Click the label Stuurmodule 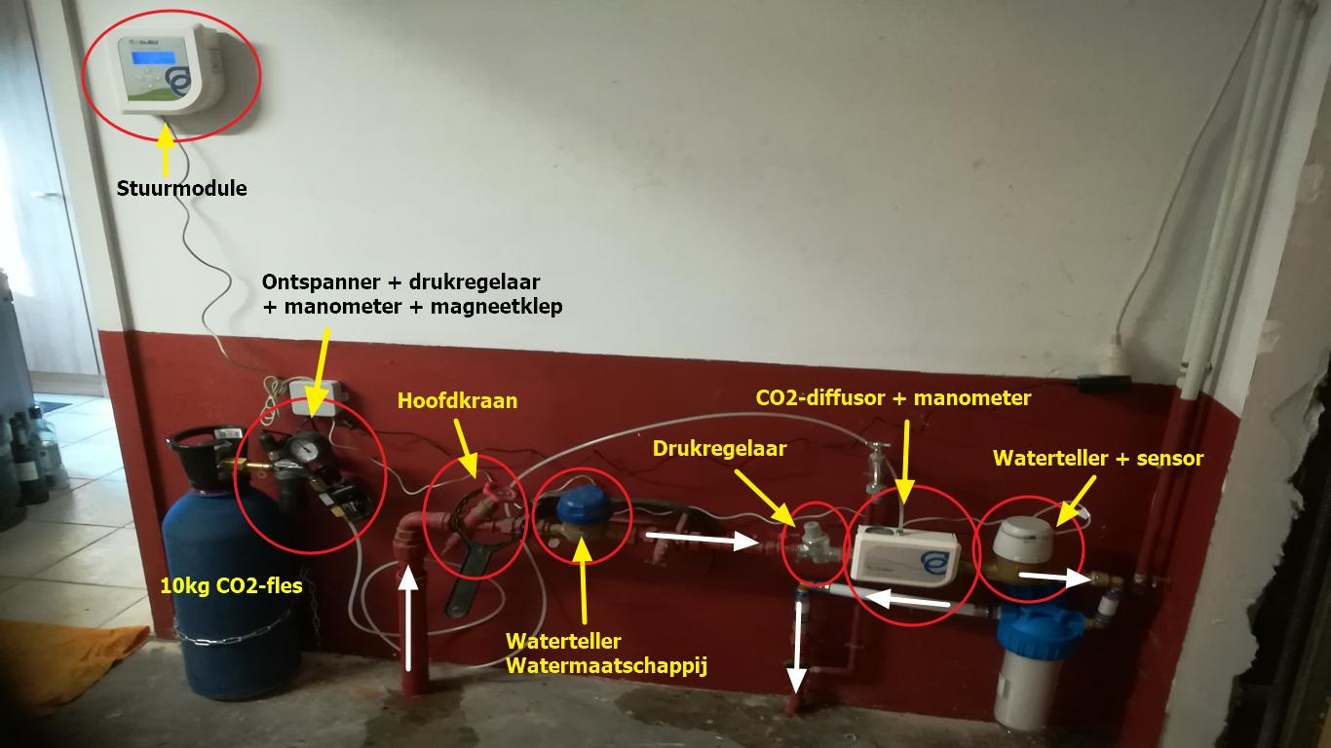coord(182,188)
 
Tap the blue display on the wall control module coord(154,57)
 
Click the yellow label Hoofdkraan coord(457,400)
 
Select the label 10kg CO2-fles coord(231,585)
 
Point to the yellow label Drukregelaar coord(719,449)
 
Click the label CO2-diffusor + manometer coord(893,397)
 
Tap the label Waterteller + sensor coord(1098,458)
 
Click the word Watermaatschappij coord(606,666)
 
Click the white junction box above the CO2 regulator coord(316,398)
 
